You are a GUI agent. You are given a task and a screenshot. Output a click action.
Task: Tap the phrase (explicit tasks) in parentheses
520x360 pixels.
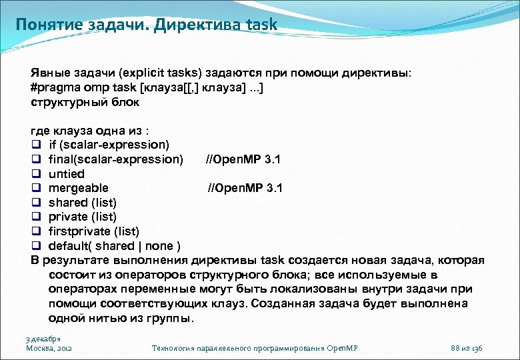[162, 73]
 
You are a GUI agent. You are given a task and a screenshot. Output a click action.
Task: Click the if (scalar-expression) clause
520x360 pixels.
[109, 145]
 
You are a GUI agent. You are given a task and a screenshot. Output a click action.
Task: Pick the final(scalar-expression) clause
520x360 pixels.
[115, 159]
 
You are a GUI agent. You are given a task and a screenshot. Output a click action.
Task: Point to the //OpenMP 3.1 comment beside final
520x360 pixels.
[243, 159]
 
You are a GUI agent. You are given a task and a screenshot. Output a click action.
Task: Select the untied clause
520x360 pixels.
[67, 174]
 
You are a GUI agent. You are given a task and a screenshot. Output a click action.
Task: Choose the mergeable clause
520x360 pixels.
[79, 188]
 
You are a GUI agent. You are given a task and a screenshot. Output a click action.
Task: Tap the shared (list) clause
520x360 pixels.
[83, 203]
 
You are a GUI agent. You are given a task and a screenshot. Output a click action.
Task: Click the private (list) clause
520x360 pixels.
[83, 217]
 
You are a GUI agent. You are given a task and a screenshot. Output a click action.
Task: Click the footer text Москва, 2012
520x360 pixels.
[49, 348]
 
